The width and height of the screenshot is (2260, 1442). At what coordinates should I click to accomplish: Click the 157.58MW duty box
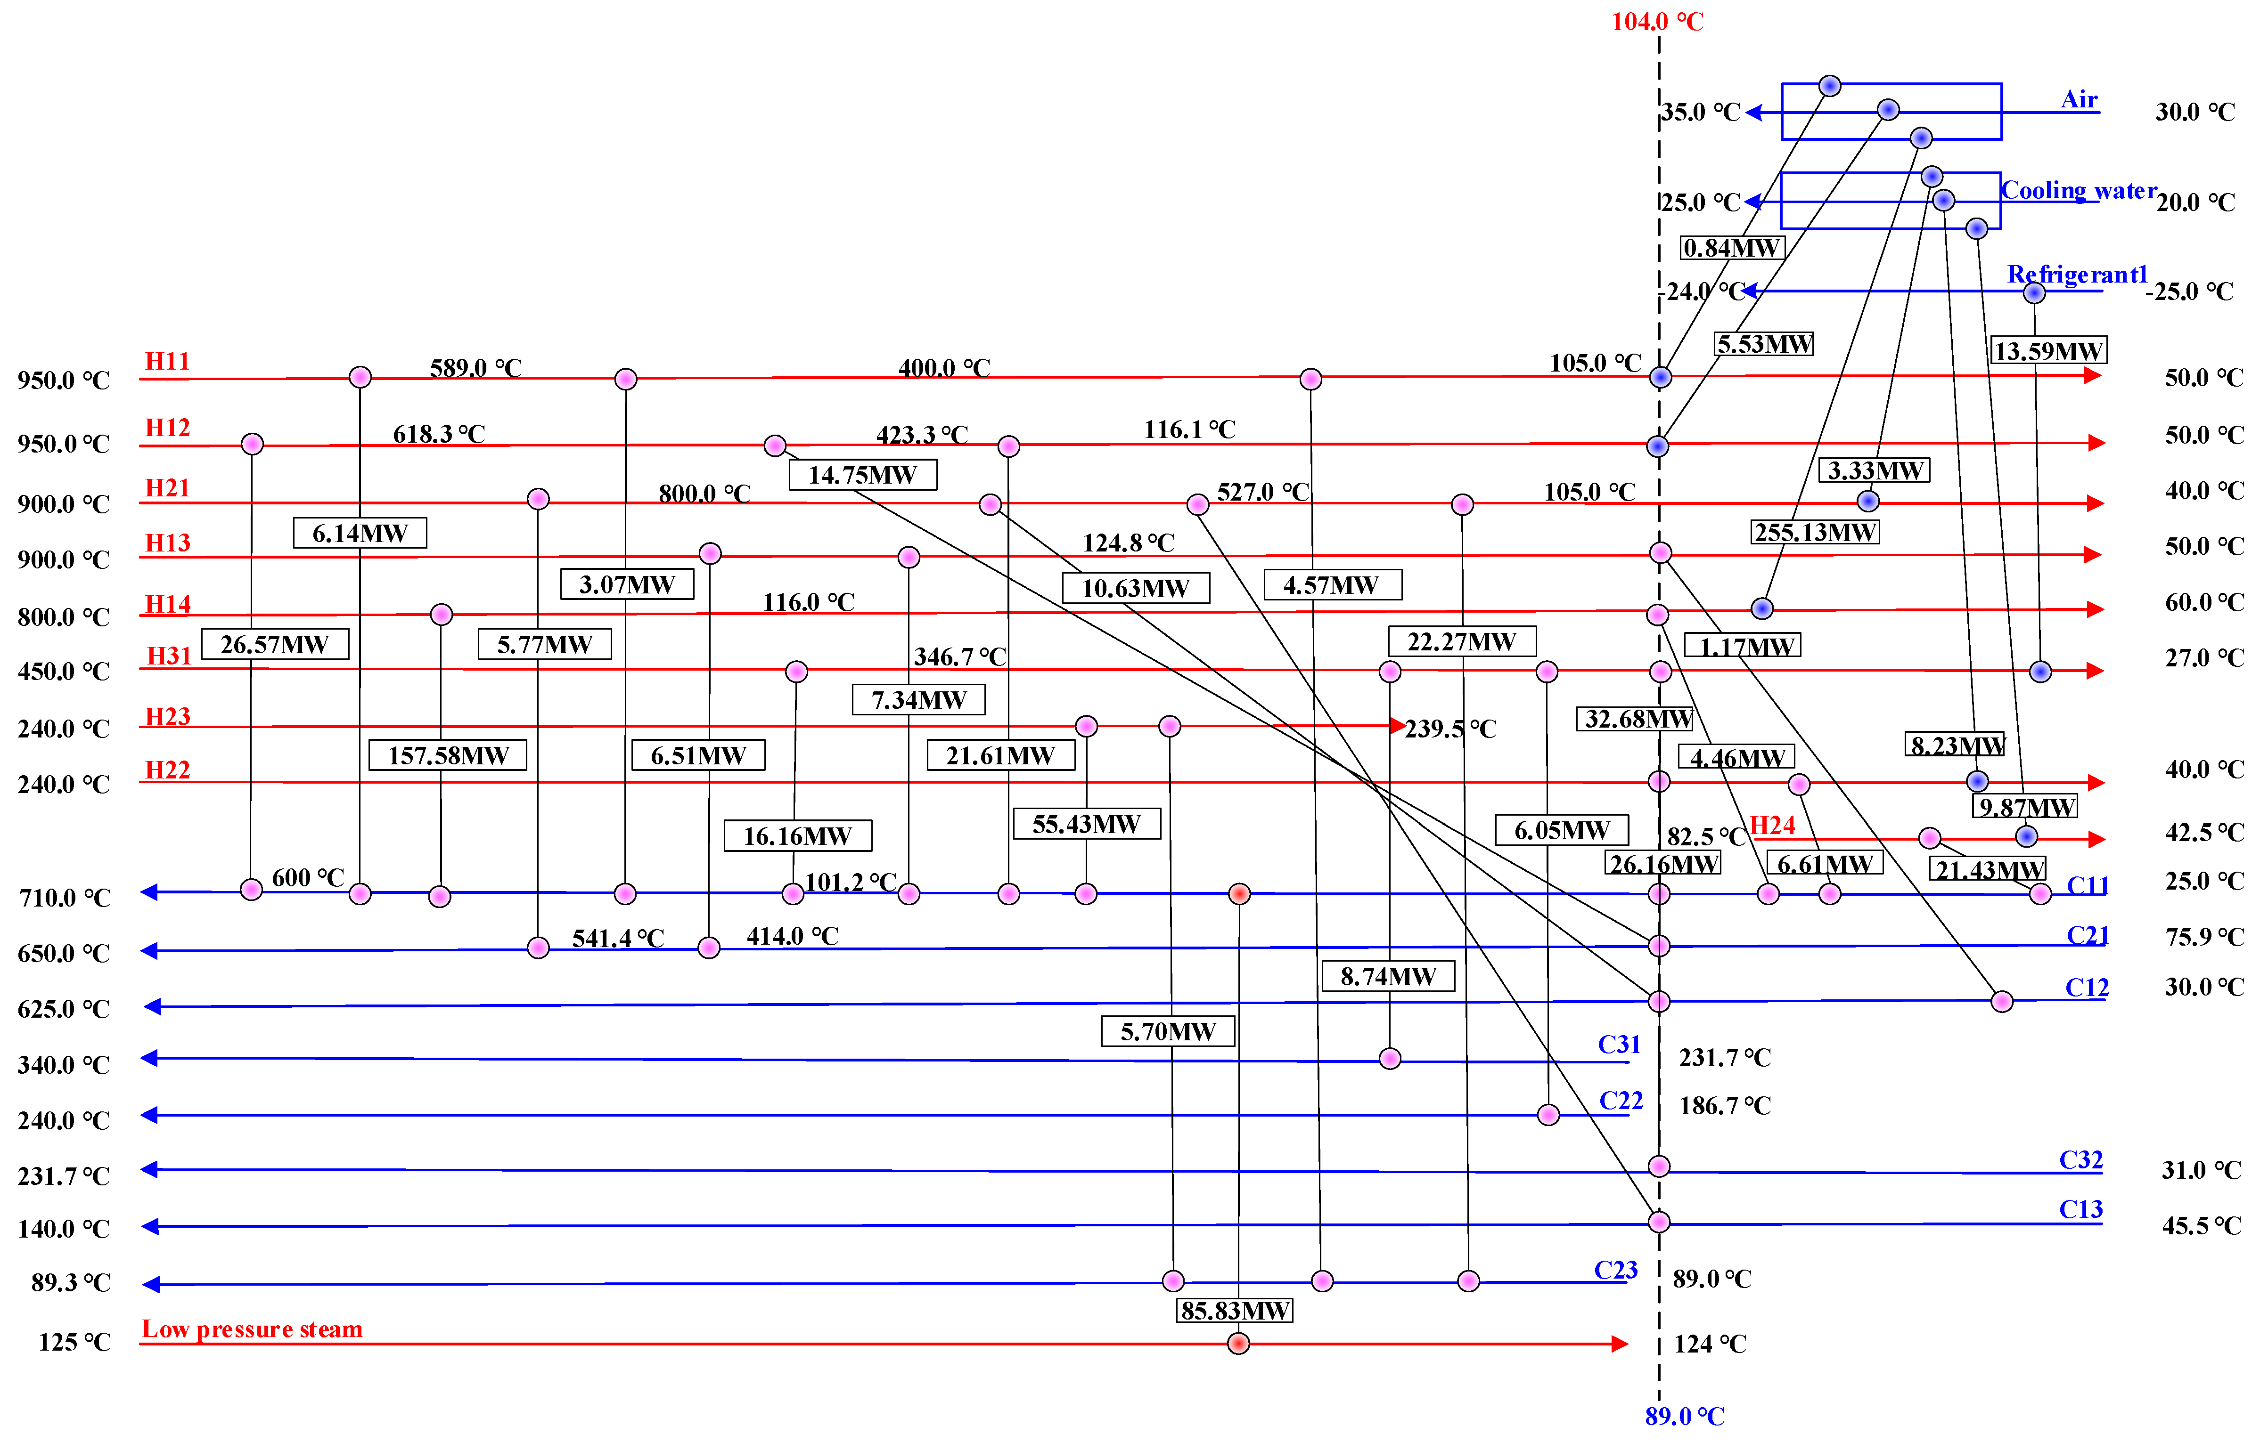[448, 755]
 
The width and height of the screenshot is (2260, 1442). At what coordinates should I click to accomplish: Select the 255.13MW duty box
[1815, 533]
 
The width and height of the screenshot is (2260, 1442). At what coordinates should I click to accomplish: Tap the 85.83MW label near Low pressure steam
[1234, 1311]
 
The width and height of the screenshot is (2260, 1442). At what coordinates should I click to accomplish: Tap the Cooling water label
[2078, 190]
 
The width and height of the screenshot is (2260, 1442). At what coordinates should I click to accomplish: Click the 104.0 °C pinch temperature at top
[1657, 22]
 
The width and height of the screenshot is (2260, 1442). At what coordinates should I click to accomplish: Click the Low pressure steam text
[252, 1329]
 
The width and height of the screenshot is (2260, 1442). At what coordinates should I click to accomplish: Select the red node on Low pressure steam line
[1239, 1344]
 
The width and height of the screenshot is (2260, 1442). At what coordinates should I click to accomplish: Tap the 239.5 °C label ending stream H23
[1450, 729]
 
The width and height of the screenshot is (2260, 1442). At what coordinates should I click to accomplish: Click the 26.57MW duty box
[274, 645]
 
